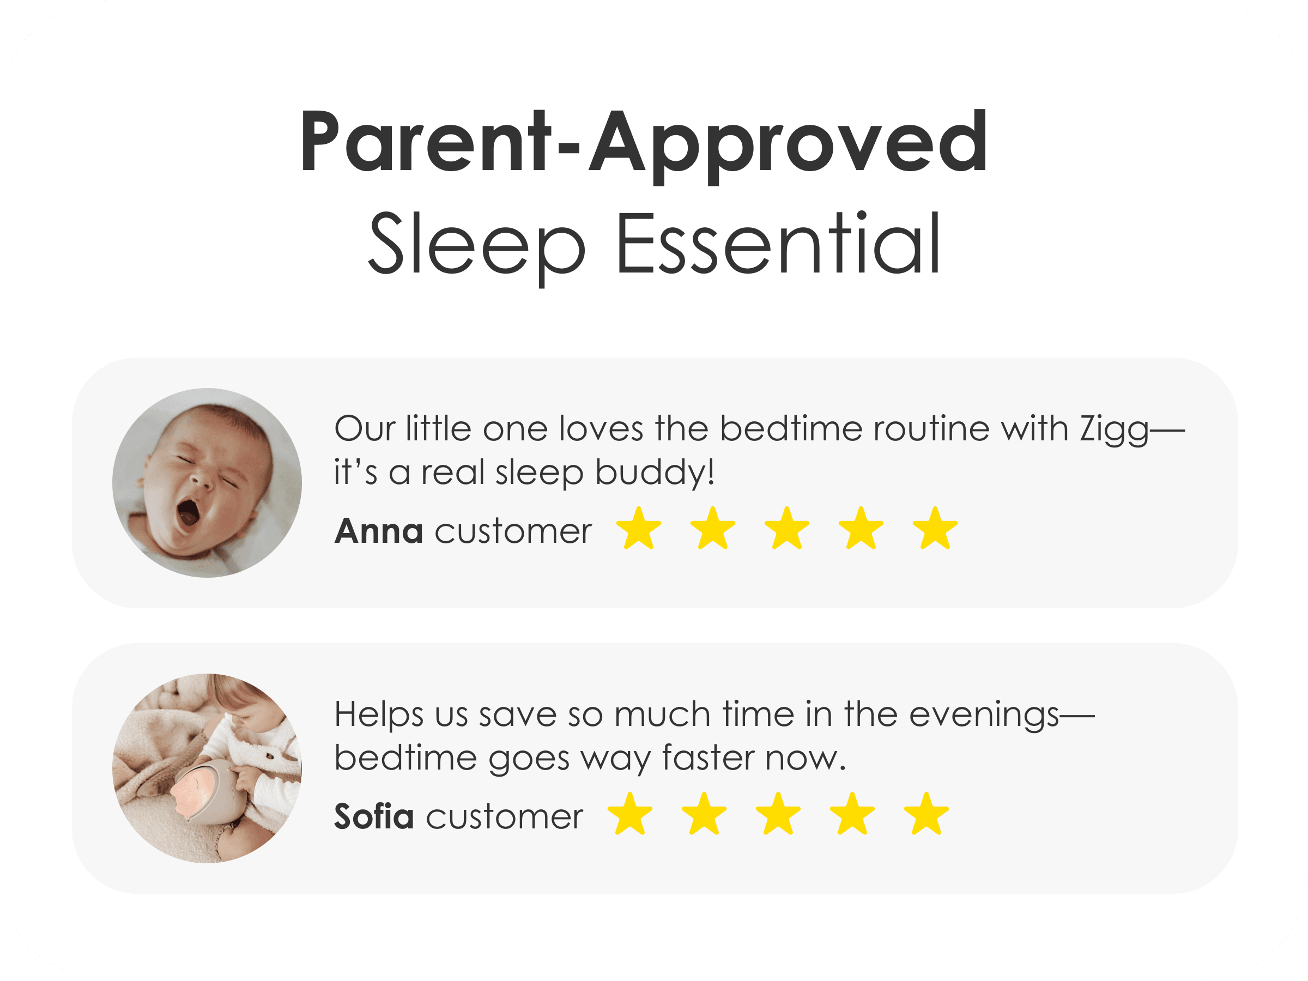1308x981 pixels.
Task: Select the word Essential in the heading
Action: (x=779, y=243)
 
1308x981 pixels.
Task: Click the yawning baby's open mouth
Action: (x=189, y=513)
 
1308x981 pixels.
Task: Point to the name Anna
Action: (x=379, y=530)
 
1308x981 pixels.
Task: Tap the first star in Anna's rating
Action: (x=639, y=528)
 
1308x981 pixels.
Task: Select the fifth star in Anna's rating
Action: (x=935, y=528)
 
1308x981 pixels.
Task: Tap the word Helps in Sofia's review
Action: (x=379, y=714)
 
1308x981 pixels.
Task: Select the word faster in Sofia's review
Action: (x=708, y=758)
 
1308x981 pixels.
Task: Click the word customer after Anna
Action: (x=513, y=531)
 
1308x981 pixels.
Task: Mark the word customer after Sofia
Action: (x=504, y=817)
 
